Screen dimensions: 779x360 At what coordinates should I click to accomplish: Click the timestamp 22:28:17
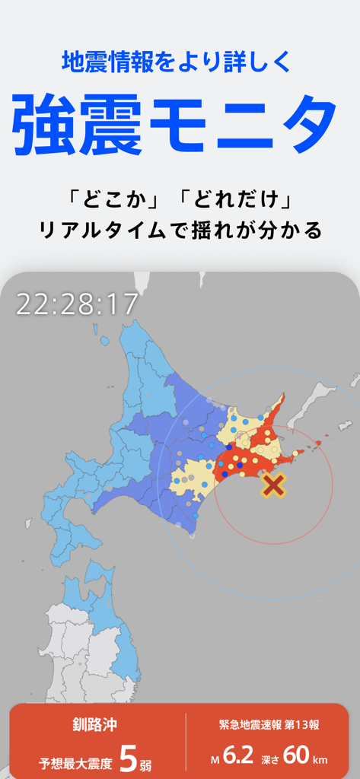pyautogui.click(x=77, y=304)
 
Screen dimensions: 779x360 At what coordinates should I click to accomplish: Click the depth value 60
pyautogui.click(x=296, y=755)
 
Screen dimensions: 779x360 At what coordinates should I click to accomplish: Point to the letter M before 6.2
pyautogui.click(x=216, y=759)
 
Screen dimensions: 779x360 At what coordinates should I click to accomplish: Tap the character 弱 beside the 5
pyautogui.click(x=146, y=763)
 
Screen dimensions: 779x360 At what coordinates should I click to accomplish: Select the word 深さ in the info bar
pyautogui.click(x=270, y=759)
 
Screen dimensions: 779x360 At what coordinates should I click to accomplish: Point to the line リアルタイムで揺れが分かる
pyautogui.click(x=180, y=229)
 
